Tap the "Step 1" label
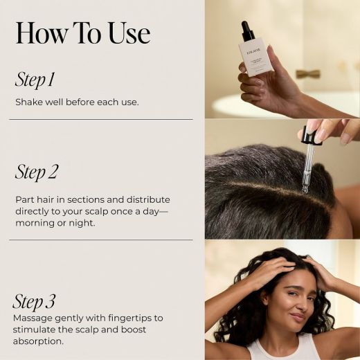pyautogui.click(x=35, y=80)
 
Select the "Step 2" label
pyautogui.click(x=36, y=172)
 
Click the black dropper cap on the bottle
pyautogui.click(x=247, y=31)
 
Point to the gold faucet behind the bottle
pyautogui.click(x=308, y=73)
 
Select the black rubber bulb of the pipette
pyautogui.click(x=309, y=135)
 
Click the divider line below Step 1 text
pyautogui.click(x=104, y=119)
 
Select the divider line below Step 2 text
pyautogui.click(x=104, y=240)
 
